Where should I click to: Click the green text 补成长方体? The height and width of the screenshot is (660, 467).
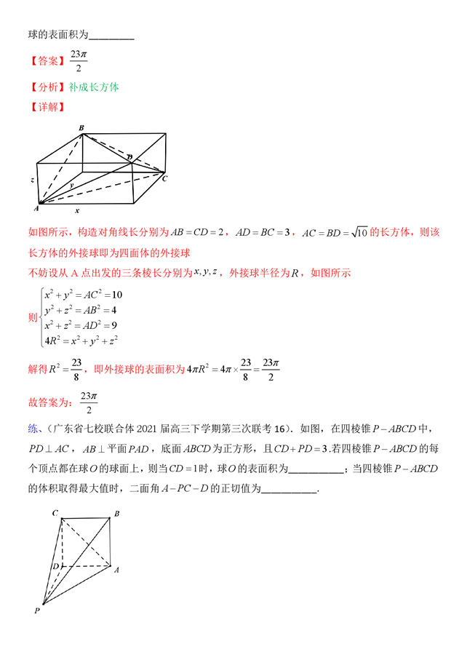(x=95, y=87)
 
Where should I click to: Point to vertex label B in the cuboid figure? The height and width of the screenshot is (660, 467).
(x=81, y=128)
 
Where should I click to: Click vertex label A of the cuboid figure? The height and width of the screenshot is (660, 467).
(x=36, y=208)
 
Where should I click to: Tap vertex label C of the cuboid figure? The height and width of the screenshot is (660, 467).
(x=165, y=178)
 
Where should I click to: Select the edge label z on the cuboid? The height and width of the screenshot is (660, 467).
(x=33, y=178)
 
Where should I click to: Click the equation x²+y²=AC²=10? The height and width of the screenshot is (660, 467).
(x=82, y=295)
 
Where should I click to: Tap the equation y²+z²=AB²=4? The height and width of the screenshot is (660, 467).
(x=81, y=310)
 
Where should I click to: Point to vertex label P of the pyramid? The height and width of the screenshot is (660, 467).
(x=36, y=611)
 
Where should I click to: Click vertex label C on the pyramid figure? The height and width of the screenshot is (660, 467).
(x=55, y=513)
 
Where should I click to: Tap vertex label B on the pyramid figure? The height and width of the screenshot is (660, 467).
(x=116, y=514)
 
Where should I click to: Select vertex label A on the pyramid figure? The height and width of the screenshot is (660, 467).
(x=116, y=569)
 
